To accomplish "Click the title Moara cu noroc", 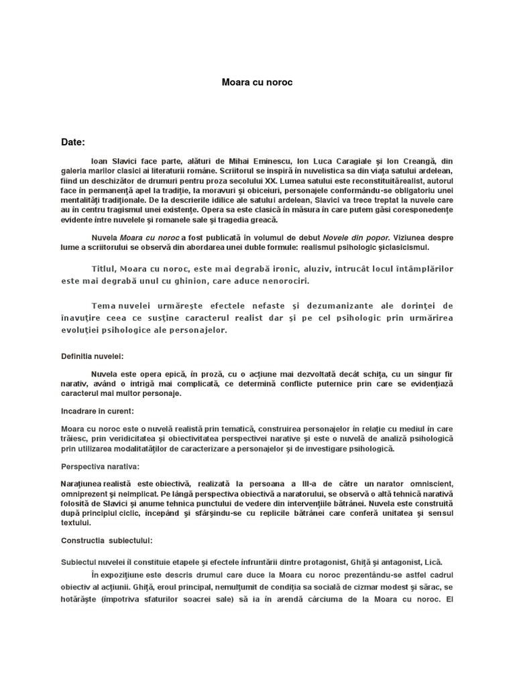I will pos(257,82).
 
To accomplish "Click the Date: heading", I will pos(73,143).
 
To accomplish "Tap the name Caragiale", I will pos(362,163).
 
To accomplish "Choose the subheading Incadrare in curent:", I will pos(97,410).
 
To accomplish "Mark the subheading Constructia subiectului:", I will pos(107,539).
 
